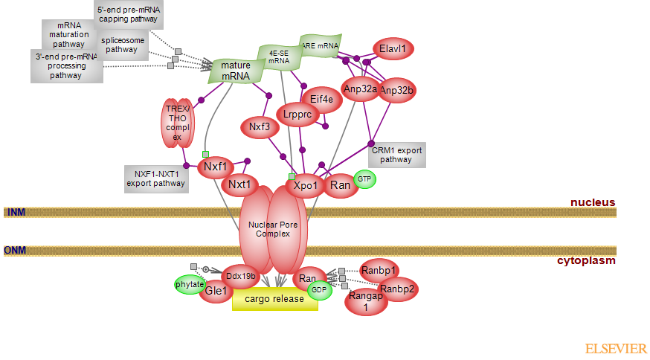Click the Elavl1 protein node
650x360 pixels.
[x=393, y=49]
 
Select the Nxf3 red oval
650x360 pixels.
[x=260, y=127]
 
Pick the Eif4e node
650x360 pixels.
[x=321, y=98]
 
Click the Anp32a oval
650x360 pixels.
[x=360, y=89]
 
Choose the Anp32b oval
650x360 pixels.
[x=396, y=91]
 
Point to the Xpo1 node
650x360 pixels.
[x=305, y=184]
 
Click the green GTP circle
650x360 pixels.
[x=364, y=179]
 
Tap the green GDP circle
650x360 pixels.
[x=320, y=290]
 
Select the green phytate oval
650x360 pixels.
[x=189, y=285]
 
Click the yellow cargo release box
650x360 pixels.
[x=274, y=299]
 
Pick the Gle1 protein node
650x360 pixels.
[x=216, y=292]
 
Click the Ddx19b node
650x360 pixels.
[x=241, y=276]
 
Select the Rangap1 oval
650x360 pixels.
[x=365, y=301]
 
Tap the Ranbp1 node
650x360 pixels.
[x=379, y=270]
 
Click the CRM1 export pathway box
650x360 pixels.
[x=396, y=155]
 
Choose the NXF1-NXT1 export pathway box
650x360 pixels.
[x=157, y=178]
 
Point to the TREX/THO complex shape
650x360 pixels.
[x=178, y=123]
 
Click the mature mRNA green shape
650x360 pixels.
[x=236, y=71]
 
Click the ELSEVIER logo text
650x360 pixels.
[x=615, y=348]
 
